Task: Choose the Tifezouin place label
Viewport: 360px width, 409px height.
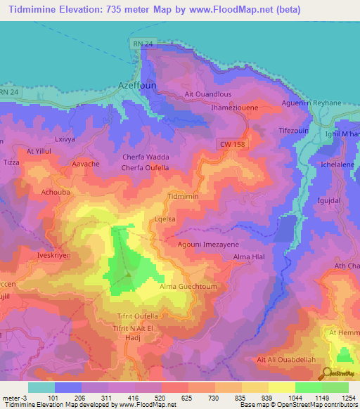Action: [x=294, y=131]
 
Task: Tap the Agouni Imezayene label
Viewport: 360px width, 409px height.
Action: [x=208, y=244]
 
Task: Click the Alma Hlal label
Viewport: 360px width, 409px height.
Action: [x=248, y=259]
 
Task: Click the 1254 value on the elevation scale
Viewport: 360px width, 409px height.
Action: [x=347, y=398]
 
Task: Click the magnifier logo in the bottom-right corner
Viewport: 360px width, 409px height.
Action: [x=328, y=374]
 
